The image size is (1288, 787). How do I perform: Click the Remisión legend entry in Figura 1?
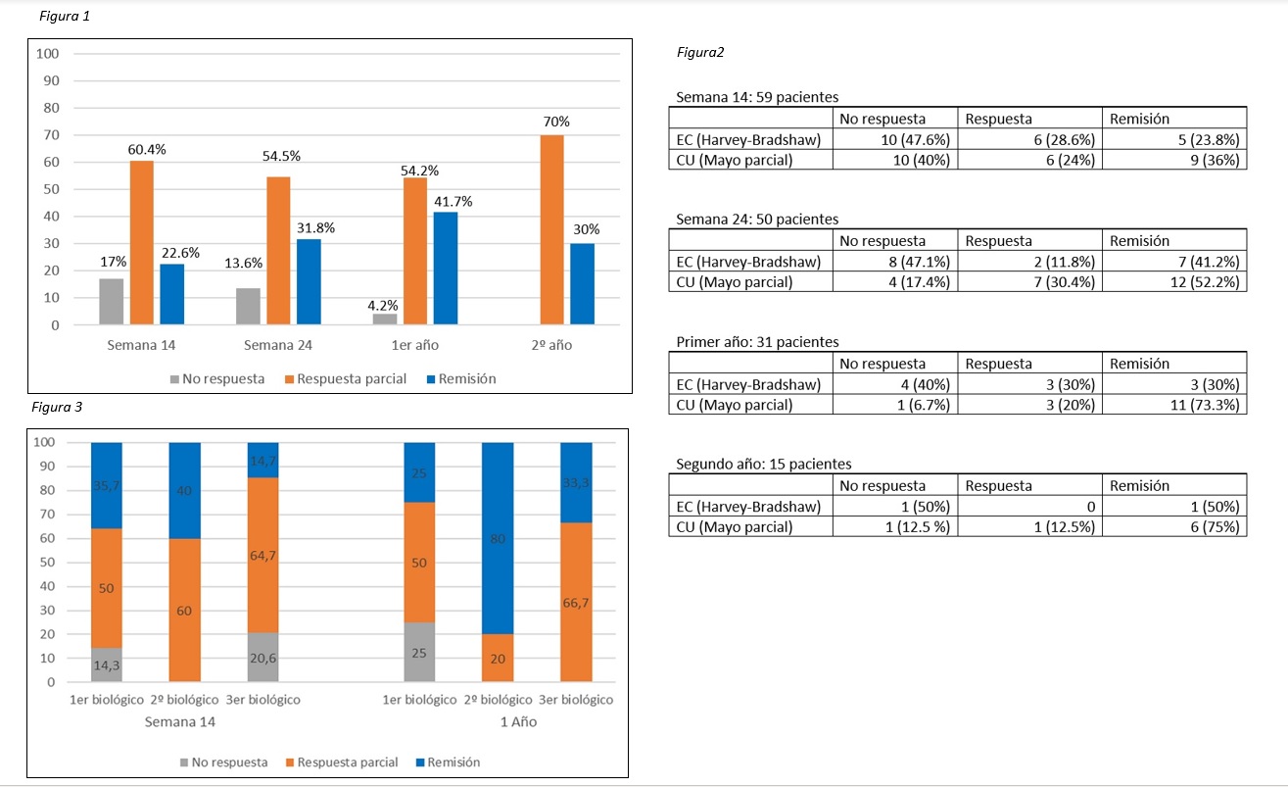coord(460,378)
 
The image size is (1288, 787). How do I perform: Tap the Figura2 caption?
coord(700,53)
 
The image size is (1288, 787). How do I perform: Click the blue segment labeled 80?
coord(498,538)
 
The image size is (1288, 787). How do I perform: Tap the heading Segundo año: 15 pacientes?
coord(764,464)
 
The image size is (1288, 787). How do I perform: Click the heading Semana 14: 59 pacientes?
coord(756,97)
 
